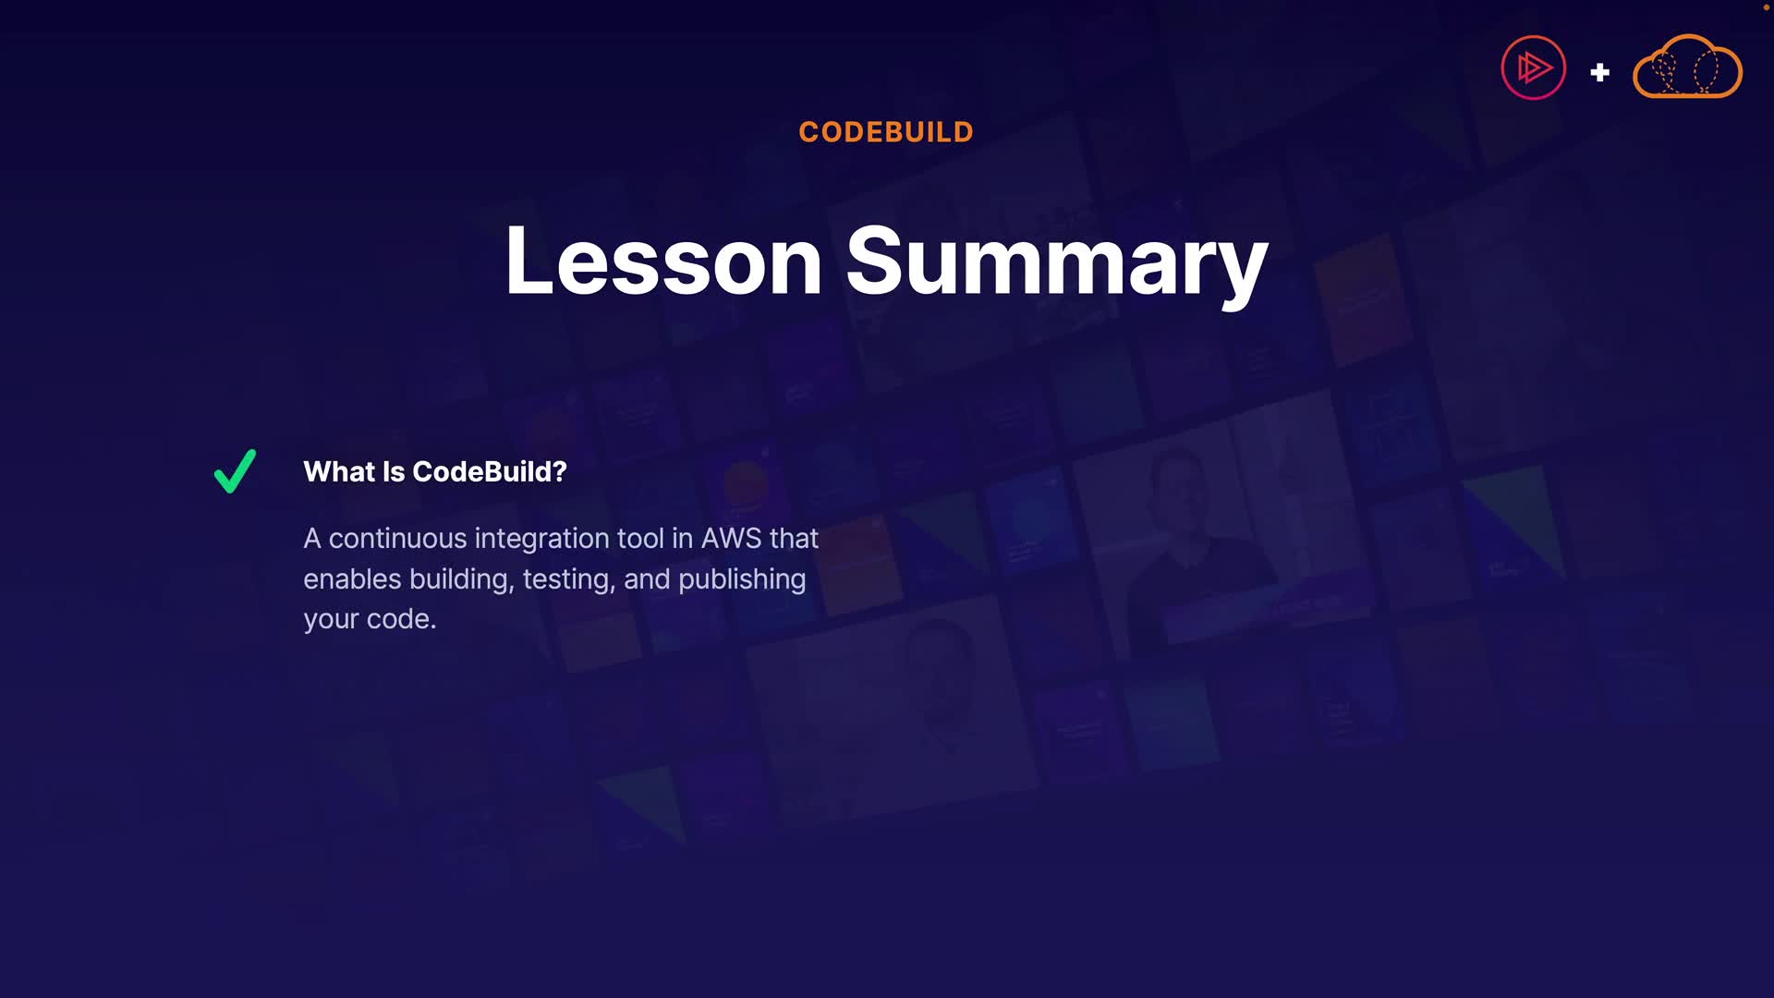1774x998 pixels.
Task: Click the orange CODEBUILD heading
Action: [886, 132]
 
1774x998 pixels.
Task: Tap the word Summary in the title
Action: [1057, 265]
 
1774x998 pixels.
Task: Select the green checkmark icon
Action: [235, 471]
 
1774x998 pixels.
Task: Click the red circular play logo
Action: [1534, 67]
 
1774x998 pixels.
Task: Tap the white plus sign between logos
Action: [1600, 72]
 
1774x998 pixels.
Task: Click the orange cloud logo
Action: [1688, 67]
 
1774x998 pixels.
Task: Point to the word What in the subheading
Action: [339, 471]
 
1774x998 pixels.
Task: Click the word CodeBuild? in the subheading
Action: [490, 471]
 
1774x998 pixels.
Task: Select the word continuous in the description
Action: [398, 539]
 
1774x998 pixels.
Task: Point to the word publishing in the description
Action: [742, 579]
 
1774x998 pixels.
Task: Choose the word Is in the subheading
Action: [394, 471]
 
